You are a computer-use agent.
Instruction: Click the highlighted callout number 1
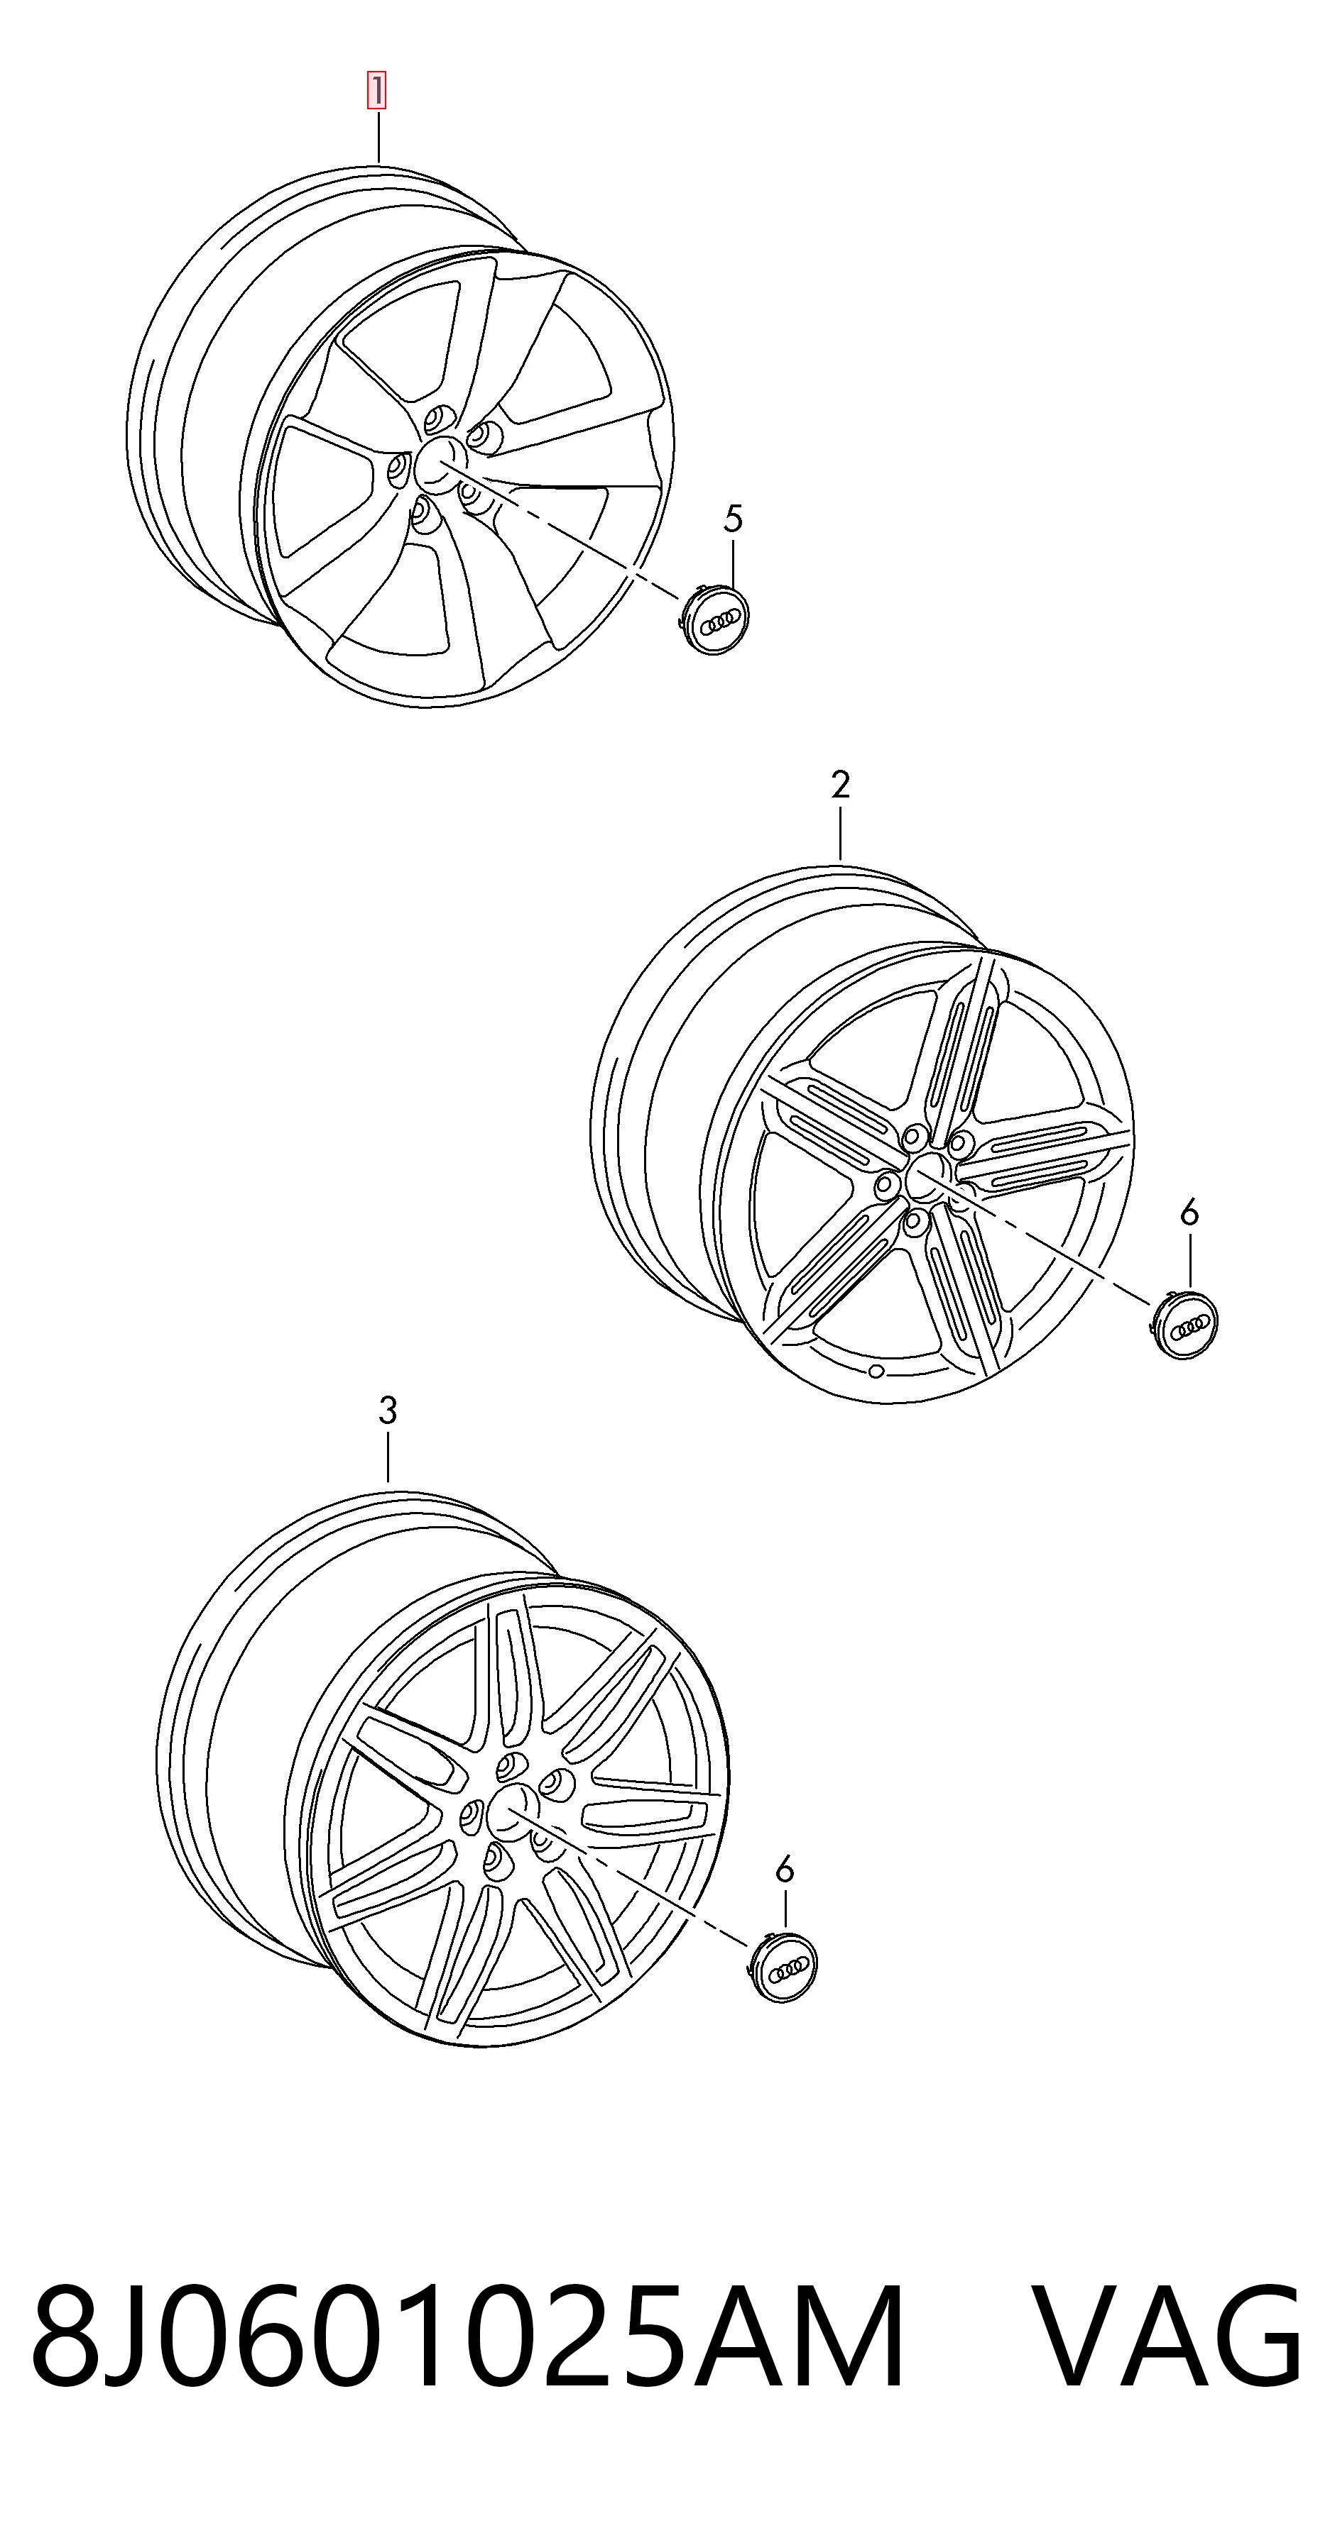tap(377, 91)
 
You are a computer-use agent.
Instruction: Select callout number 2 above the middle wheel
tap(840, 785)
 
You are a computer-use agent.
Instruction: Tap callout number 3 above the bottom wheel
tap(388, 1411)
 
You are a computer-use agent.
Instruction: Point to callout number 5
tap(733, 518)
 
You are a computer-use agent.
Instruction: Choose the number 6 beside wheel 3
tap(784, 1870)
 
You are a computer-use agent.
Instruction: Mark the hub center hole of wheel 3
tap(511, 1811)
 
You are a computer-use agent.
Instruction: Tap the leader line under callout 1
tap(378, 136)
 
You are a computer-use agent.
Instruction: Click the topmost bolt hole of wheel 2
tap(914, 1137)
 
